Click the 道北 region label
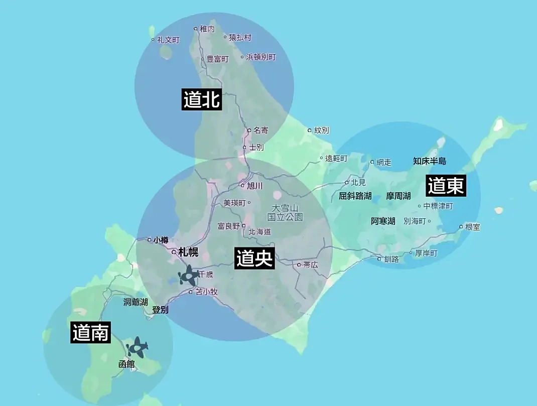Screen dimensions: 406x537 [x=202, y=100]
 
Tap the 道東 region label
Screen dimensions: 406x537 [x=446, y=186]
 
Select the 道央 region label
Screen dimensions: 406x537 [x=255, y=258]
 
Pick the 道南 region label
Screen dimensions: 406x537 [x=91, y=332]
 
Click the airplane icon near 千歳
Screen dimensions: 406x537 [x=189, y=276]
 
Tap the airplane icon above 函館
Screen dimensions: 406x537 [x=137, y=347]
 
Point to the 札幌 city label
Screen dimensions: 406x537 [x=188, y=252]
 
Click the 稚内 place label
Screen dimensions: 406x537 [x=207, y=29]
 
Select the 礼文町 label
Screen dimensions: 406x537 [x=168, y=40]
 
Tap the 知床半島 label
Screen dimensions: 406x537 [x=429, y=161]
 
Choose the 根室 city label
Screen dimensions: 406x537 [x=472, y=227]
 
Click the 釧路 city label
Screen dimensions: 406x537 [x=391, y=259]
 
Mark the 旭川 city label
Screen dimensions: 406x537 [x=255, y=186]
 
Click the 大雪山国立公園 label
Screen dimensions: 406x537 [x=285, y=212]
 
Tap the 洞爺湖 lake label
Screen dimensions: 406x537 [x=136, y=302]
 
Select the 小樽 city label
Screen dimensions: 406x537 [x=161, y=240]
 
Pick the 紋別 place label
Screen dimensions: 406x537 [x=321, y=130]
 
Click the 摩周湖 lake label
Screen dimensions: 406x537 [x=398, y=196]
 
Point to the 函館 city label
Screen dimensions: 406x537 [x=126, y=364]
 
